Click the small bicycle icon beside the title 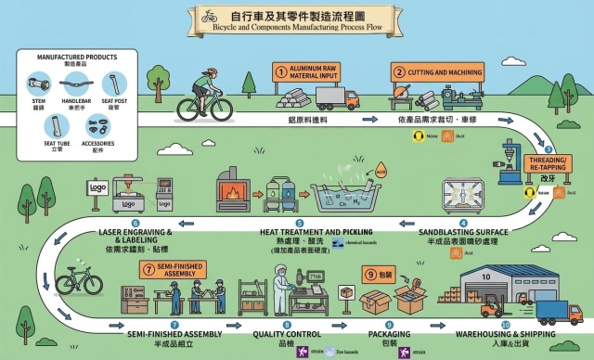click(210, 16)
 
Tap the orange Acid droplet click(380, 171)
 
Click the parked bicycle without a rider click(79, 281)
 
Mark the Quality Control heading click(286, 331)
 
